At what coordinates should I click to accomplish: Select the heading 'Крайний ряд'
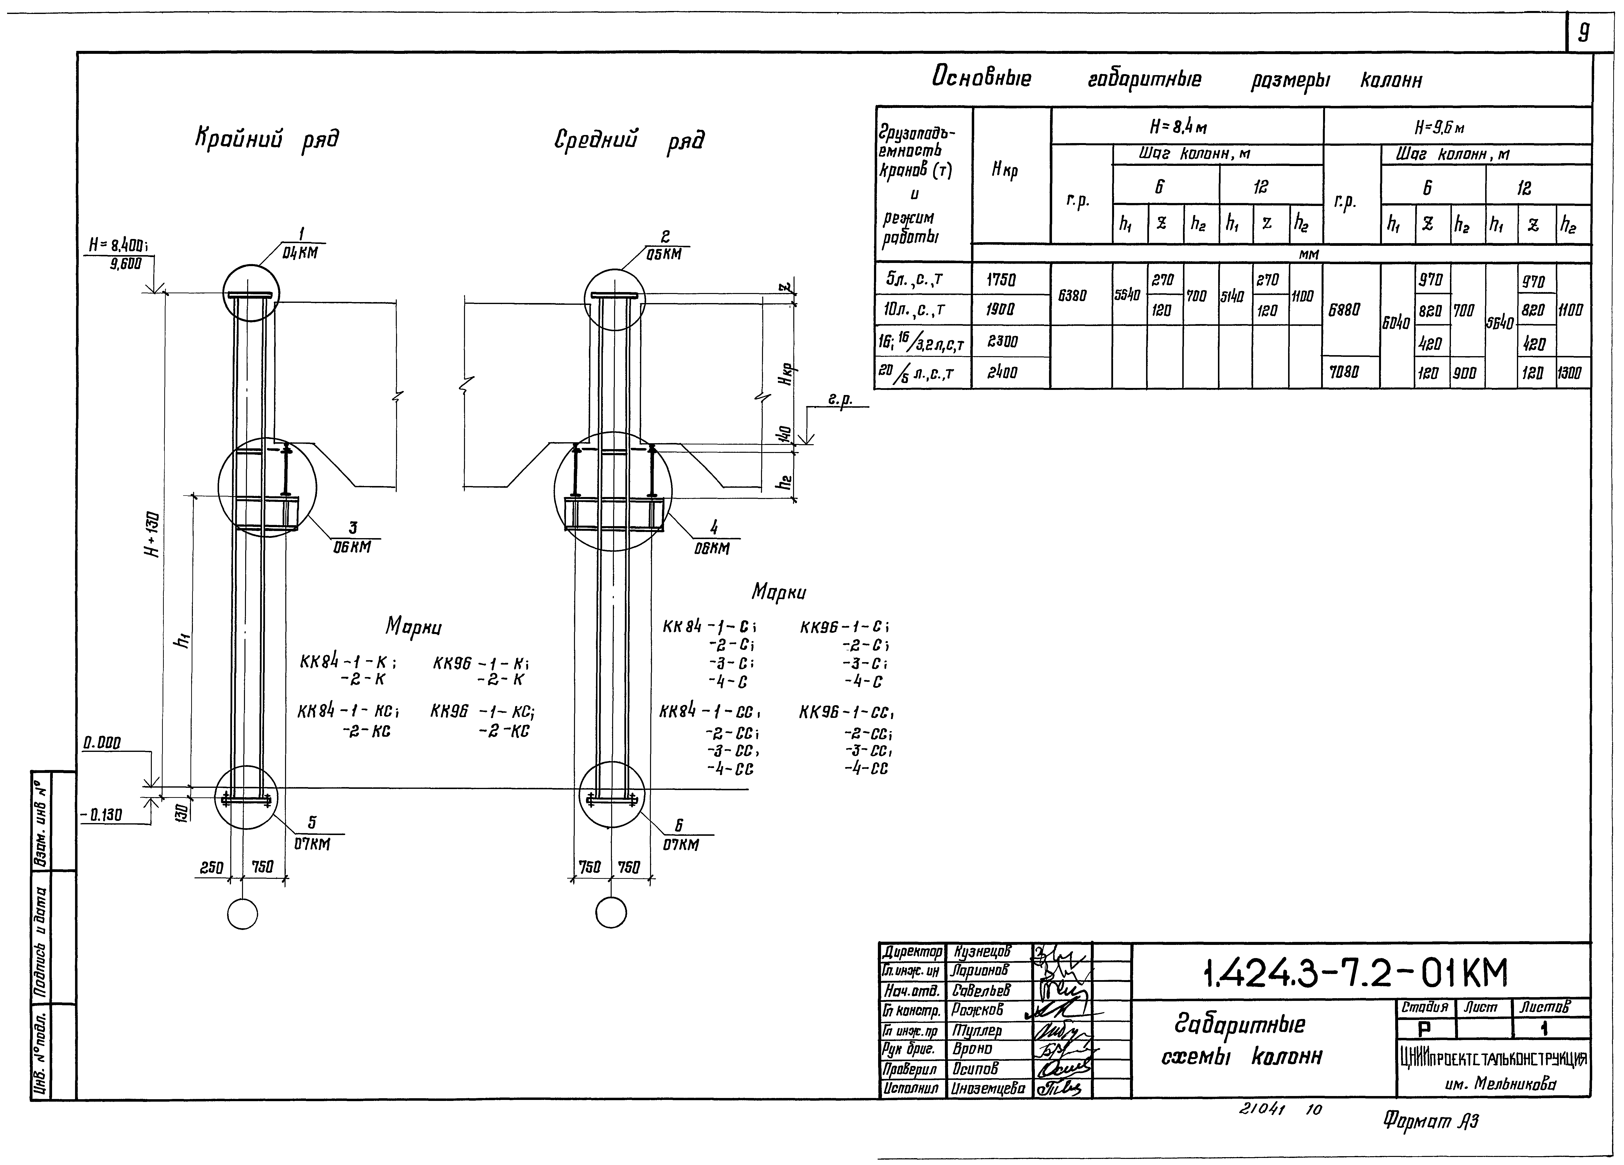pyautogui.click(x=266, y=138)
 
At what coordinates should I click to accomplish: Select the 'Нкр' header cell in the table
pyautogui.click(x=1005, y=170)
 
